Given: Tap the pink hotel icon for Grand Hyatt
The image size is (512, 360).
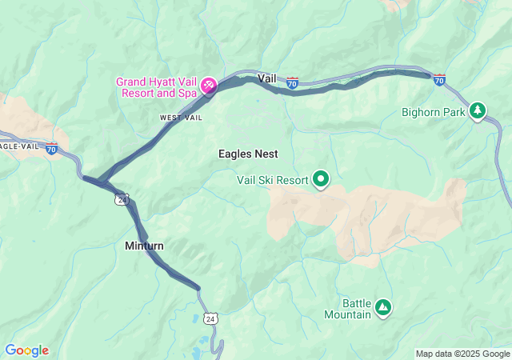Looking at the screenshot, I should coord(208,85).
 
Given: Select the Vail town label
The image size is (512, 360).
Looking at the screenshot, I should coord(267,78).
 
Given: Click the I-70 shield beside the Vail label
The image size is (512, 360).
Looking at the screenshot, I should coord(292,82).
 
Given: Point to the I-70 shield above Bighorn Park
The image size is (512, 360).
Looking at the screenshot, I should coord(439,78).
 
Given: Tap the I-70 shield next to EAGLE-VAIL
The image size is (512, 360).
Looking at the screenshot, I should coord(52,149).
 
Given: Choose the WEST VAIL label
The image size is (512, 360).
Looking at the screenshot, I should coord(180,118).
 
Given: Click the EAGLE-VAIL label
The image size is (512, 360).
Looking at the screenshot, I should coord(18,146).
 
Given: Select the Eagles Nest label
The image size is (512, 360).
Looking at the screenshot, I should coord(247,154).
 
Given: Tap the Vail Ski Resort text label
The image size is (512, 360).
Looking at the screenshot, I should coord(272,180).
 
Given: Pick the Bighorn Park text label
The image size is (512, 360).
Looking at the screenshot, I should coord(434,113).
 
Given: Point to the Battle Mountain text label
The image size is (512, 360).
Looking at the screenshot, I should coord(357,309).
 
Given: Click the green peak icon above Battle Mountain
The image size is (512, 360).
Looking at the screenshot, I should coord(383,306).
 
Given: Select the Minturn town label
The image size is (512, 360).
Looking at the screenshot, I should coord(144,246).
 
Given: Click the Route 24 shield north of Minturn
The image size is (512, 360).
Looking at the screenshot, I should coord(121,198).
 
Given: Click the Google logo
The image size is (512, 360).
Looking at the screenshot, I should coord(26,350).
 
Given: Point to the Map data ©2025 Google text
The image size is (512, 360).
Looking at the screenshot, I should coord(462,354).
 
